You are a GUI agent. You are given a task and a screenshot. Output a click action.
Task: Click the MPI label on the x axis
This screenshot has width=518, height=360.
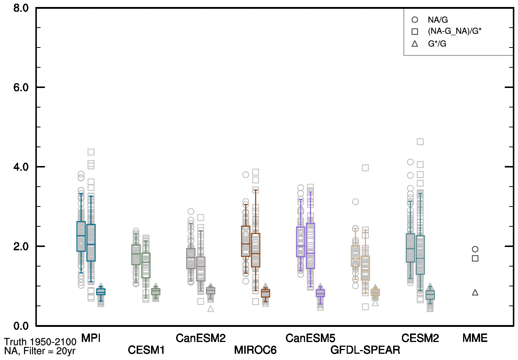coord(91,338)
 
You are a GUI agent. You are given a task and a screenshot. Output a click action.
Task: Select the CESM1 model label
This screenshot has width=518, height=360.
coord(146,350)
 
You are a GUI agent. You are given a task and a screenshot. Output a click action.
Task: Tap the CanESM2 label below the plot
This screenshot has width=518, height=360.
coord(200,338)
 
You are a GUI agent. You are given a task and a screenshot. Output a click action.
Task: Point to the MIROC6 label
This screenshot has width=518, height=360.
coord(255,350)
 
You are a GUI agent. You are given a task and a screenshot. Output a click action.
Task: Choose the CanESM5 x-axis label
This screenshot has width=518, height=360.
coord(310,338)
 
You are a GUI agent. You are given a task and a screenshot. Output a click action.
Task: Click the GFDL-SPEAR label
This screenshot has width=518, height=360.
coord(365,350)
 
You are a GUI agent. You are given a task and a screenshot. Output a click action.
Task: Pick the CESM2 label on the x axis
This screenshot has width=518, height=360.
coord(420,338)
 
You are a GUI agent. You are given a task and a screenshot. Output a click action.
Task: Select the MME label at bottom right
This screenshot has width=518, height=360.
coord(475,338)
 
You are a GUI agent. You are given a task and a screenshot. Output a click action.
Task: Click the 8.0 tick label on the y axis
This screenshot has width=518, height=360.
coord(21,8)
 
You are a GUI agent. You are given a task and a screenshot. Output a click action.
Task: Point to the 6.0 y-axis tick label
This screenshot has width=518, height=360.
coord(21,88)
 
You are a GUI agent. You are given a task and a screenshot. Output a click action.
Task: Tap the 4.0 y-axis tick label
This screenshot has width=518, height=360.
coord(21,167)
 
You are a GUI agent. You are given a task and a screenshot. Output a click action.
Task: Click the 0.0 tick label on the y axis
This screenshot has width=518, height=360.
coord(21,326)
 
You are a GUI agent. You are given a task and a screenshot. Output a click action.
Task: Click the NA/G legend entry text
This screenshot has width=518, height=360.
coord(438,20)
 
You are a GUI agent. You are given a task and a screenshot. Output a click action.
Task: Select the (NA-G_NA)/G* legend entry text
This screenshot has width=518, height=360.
coord(454,31)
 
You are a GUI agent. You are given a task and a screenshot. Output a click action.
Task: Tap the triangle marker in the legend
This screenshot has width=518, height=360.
coord(415,44)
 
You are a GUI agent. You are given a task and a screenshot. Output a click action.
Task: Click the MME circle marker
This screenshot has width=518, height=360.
coord(475,249)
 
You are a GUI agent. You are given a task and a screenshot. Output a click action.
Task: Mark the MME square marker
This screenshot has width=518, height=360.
coord(475,258)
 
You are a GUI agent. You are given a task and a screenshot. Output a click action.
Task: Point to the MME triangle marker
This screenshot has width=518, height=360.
coord(475,293)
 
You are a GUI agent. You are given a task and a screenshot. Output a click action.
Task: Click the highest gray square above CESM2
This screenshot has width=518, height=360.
coord(420,142)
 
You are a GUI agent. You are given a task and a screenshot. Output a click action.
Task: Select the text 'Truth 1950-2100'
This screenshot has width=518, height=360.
coord(40,342)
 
